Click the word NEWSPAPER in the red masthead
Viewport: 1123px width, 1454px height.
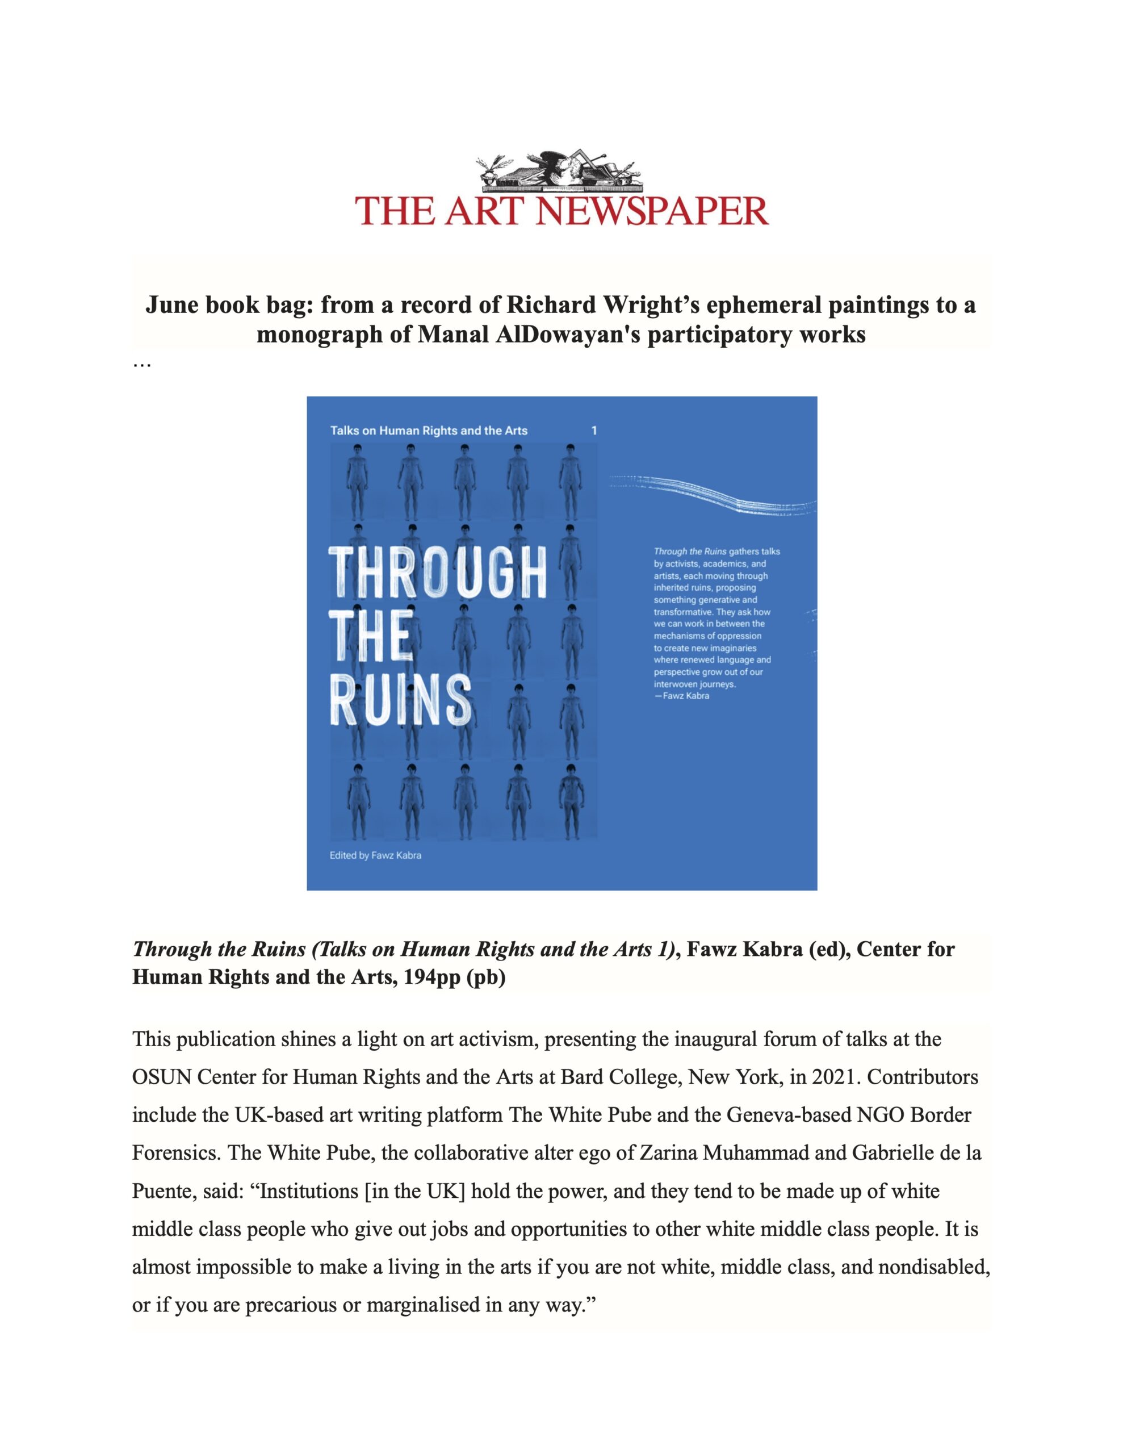coord(652,211)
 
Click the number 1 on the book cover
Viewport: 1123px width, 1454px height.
coord(594,431)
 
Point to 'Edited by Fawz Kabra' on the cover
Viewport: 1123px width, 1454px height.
coord(375,855)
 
